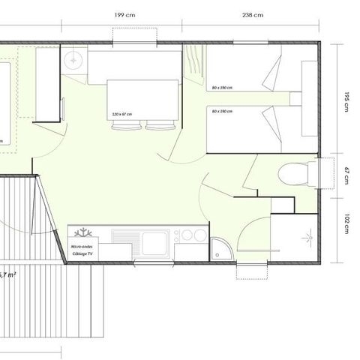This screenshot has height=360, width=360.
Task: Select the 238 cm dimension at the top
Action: [253, 14]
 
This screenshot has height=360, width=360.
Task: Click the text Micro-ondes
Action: [82, 246]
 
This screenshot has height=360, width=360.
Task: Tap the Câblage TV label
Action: [82, 254]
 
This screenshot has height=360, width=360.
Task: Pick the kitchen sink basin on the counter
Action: [154, 241]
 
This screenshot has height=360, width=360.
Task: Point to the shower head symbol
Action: [307, 238]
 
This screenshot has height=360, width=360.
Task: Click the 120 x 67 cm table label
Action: [121, 114]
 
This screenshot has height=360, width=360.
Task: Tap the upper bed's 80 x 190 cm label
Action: [222, 88]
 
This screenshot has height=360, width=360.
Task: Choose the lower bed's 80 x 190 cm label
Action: [222, 112]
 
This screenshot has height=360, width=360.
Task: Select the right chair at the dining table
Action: [157, 125]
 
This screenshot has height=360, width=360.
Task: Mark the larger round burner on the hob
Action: [198, 235]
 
